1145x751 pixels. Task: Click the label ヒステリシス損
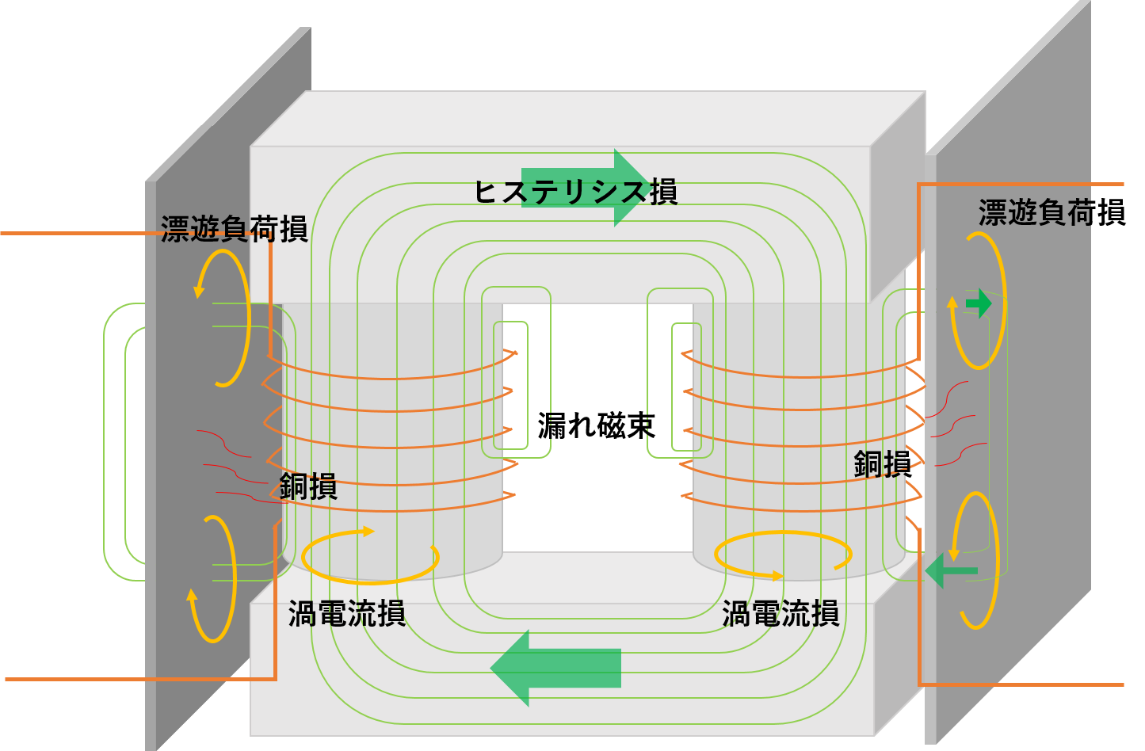[x=576, y=192]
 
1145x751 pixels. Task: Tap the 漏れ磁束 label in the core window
[x=596, y=425]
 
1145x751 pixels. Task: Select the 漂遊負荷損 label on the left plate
[x=234, y=228]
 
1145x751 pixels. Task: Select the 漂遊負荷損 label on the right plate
[x=1052, y=212]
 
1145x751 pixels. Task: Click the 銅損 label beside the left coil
[x=308, y=486]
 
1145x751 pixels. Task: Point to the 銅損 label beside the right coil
[x=883, y=464]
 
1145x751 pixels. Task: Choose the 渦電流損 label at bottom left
[x=347, y=613]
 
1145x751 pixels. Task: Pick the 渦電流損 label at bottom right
[x=781, y=613]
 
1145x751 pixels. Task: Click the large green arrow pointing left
[x=555, y=669]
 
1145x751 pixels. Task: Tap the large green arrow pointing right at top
[x=587, y=188]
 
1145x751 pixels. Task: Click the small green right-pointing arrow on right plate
[x=979, y=303]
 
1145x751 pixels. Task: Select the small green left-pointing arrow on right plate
[x=952, y=570]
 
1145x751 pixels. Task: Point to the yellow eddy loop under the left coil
[x=369, y=581]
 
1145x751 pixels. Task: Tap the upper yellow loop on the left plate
[x=248, y=317]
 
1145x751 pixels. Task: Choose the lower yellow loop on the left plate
[x=234, y=580]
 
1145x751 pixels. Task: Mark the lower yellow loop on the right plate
[x=997, y=559]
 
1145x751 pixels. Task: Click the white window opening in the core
[x=598, y=428]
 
